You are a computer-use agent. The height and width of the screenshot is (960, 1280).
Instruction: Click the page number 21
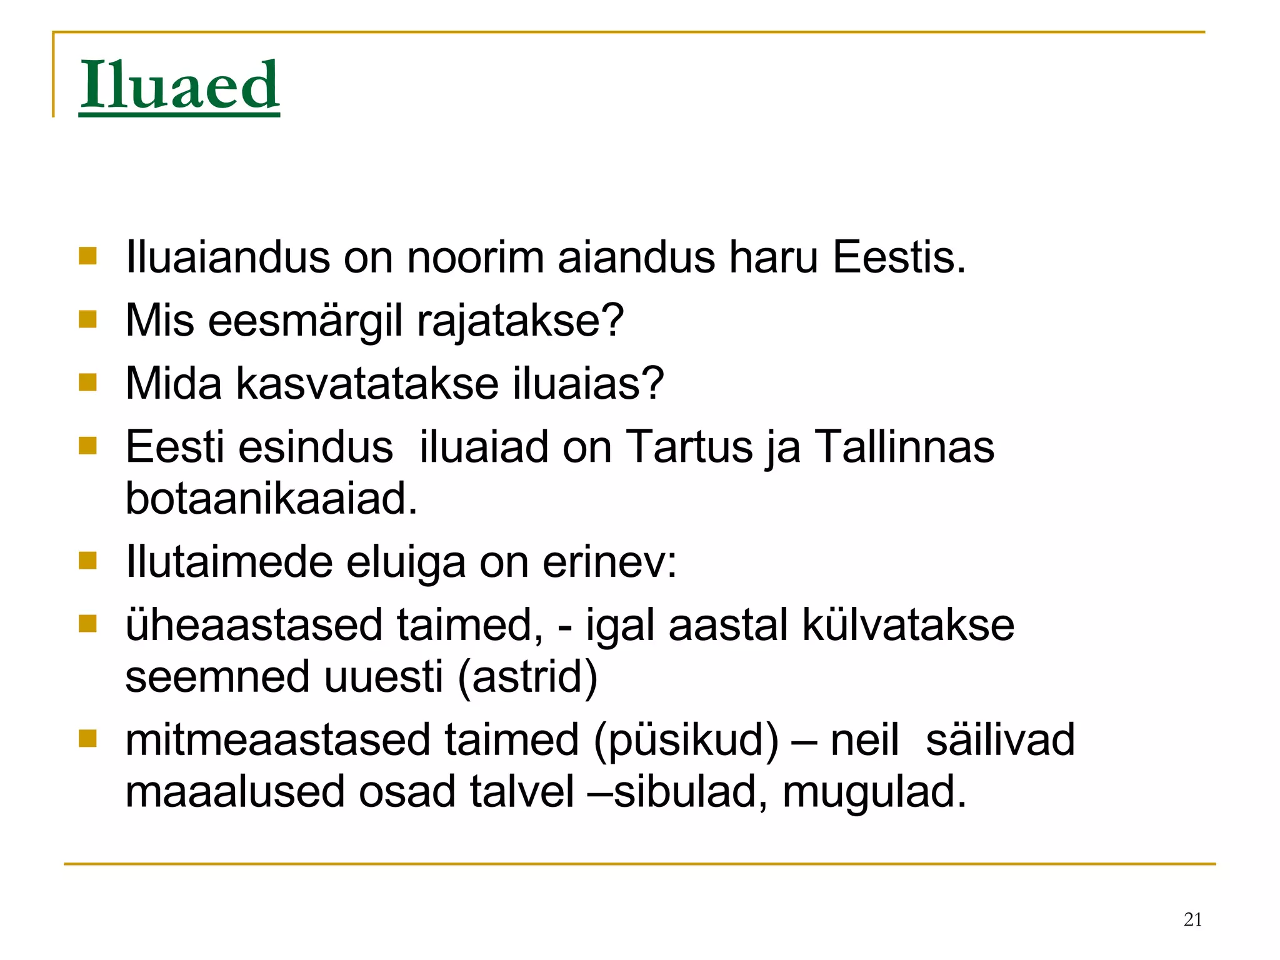coord(1192,919)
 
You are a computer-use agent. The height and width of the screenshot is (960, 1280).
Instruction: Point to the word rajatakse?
coord(520,321)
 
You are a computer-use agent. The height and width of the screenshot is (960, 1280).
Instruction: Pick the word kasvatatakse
coord(367,383)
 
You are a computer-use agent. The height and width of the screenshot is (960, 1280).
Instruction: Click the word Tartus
coord(689,447)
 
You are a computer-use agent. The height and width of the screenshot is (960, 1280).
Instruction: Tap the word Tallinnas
coord(904,447)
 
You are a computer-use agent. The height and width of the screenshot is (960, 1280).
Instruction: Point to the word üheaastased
coord(254,625)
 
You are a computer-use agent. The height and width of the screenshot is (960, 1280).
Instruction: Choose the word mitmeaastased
coord(277,740)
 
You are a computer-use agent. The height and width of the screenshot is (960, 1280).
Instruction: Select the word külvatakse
coord(907,625)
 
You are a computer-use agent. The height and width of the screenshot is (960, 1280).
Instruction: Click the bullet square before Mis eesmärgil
coord(88,320)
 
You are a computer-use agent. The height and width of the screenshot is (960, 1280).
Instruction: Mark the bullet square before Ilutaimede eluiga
coord(88,561)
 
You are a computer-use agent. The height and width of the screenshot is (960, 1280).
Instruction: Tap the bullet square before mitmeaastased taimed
coord(88,739)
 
